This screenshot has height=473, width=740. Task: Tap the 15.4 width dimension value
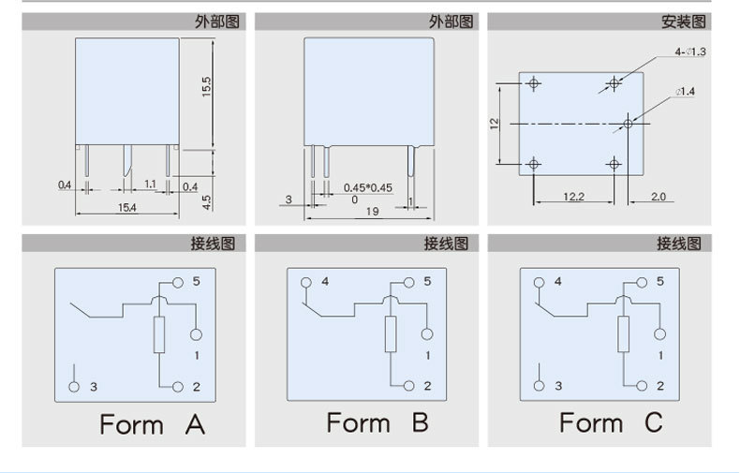coord(126,206)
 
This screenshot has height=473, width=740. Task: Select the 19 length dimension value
coord(373,212)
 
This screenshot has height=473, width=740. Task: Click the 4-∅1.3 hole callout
coord(689,52)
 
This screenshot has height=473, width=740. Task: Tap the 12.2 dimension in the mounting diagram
coord(573,196)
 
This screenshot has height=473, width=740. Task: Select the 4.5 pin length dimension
coord(207,200)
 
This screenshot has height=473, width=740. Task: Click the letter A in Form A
coord(194,424)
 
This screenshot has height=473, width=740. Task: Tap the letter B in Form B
coord(419,422)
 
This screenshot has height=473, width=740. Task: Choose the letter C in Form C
coord(652,422)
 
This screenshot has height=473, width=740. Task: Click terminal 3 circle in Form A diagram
coord(75,386)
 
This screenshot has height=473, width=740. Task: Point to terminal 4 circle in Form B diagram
coord(305,282)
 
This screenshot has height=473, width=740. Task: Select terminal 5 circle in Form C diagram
coord(642,282)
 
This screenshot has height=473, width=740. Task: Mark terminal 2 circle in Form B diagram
coord(408,386)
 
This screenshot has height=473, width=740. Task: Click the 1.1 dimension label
coord(150,185)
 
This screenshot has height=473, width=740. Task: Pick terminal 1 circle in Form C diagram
coord(661,334)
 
